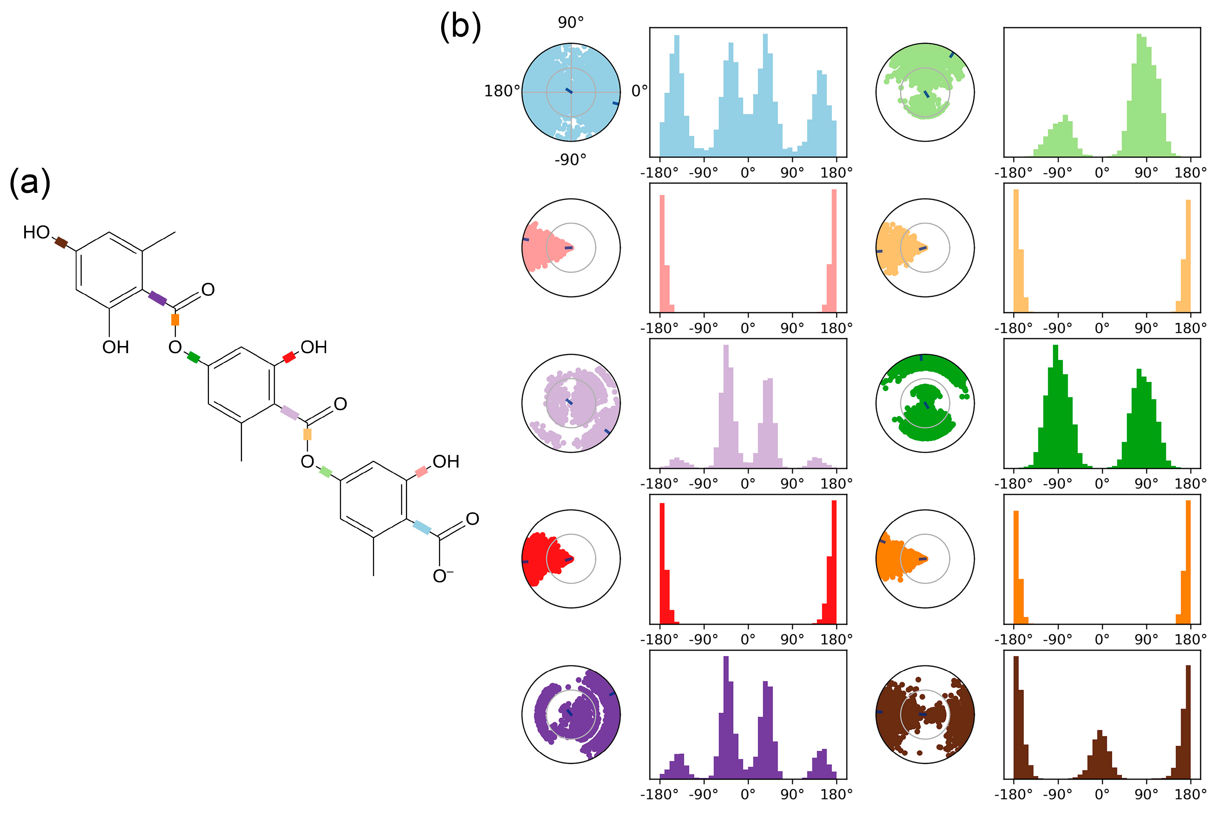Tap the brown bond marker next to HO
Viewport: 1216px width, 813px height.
(x=61, y=242)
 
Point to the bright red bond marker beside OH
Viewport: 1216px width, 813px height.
(x=289, y=357)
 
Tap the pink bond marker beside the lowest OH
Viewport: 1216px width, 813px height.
(x=421, y=472)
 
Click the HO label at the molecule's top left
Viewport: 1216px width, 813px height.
(x=36, y=232)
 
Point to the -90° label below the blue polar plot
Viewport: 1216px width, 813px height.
(x=570, y=160)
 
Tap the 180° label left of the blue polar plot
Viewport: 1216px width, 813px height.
(x=501, y=91)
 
